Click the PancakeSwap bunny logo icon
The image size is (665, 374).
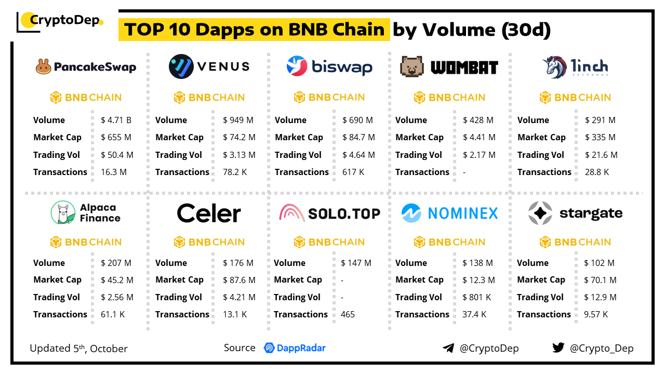[x=44, y=66]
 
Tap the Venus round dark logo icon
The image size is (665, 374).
[x=181, y=66]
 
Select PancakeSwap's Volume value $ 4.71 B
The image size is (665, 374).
[x=116, y=120]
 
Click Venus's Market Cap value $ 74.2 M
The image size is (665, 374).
[x=239, y=137]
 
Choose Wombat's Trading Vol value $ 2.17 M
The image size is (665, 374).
[x=479, y=155]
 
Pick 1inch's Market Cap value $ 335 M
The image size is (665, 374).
[x=600, y=137]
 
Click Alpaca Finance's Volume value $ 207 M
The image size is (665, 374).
[x=116, y=263]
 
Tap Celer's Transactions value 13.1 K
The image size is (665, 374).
[x=235, y=314]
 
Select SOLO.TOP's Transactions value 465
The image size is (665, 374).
[x=348, y=314]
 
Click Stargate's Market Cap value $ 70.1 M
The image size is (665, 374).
[x=600, y=280]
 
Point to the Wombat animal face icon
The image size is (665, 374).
[x=411, y=66]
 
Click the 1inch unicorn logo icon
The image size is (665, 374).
[x=554, y=67]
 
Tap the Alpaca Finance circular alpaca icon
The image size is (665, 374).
[x=63, y=213]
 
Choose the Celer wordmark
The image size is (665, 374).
[x=209, y=213]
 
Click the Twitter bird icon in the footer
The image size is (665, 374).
[x=558, y=348]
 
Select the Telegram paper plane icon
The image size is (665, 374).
[x=448, y=348]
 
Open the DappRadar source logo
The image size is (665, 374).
[x=295, y=348]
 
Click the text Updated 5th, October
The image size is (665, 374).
[x=78, y=349]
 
